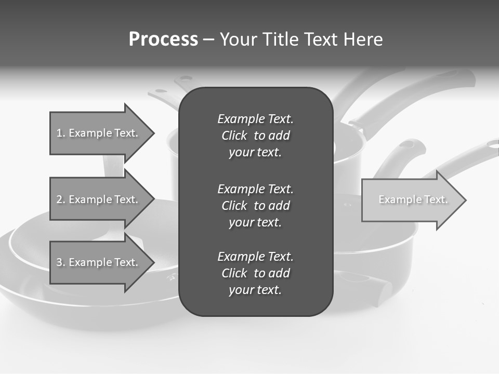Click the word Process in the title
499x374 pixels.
(x=163, y=39)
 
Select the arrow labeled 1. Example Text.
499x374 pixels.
(x=99, y=133)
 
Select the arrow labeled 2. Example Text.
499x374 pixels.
(x=99, y=199)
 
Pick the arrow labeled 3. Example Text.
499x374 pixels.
(x=99, y=262)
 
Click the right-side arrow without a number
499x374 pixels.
(x=411, y=200)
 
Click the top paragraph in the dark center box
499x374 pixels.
(x=255, y=136)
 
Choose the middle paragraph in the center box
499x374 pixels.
(x=255, y=206)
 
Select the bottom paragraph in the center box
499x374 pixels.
(x=255, y=273)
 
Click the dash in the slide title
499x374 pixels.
(x=208, y=40)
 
